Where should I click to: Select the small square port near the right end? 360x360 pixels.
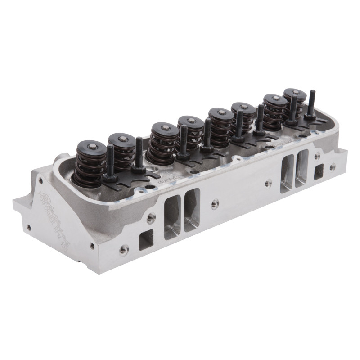pyautogui.click(x=319, y=171)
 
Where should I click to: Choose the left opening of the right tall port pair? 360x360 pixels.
pyautogui.click(x=287, y=173)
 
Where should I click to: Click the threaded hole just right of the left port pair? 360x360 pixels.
pyautogui.click(x=215, y=203)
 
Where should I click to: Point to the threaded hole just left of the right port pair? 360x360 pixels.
pyautogui.click(x=268, y=183)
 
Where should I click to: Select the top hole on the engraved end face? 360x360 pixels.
pyautogui.click(x=40, y=180)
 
